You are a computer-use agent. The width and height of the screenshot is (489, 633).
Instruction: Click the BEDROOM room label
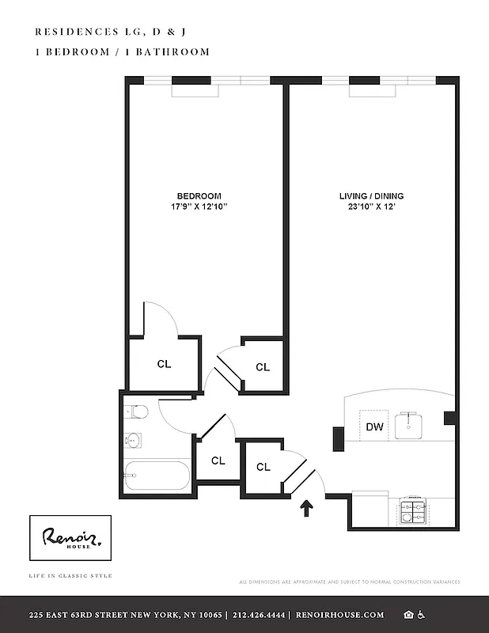pyautogui.click(x=199, y=196)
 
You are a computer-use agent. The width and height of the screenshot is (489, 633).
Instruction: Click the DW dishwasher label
pyautogui.click(x=374, y=427)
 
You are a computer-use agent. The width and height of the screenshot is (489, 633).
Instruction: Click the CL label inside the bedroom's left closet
pyautogui.click(x=164, y=364)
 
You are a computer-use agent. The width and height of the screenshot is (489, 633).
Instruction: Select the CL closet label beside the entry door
pyautogui.click(x=263, y=467)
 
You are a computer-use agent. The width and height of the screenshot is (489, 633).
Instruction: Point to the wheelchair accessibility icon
pyautogui.click(x=421, y=615)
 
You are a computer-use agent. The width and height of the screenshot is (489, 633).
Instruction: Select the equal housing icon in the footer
pyautogui.click(x=408, y=615)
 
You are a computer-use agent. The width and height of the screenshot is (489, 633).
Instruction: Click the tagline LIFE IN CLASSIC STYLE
pyautogui.click(x=70, y=575)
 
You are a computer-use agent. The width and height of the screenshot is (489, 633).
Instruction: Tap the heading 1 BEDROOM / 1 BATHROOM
pyautogui.click(x=123, y=52)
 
